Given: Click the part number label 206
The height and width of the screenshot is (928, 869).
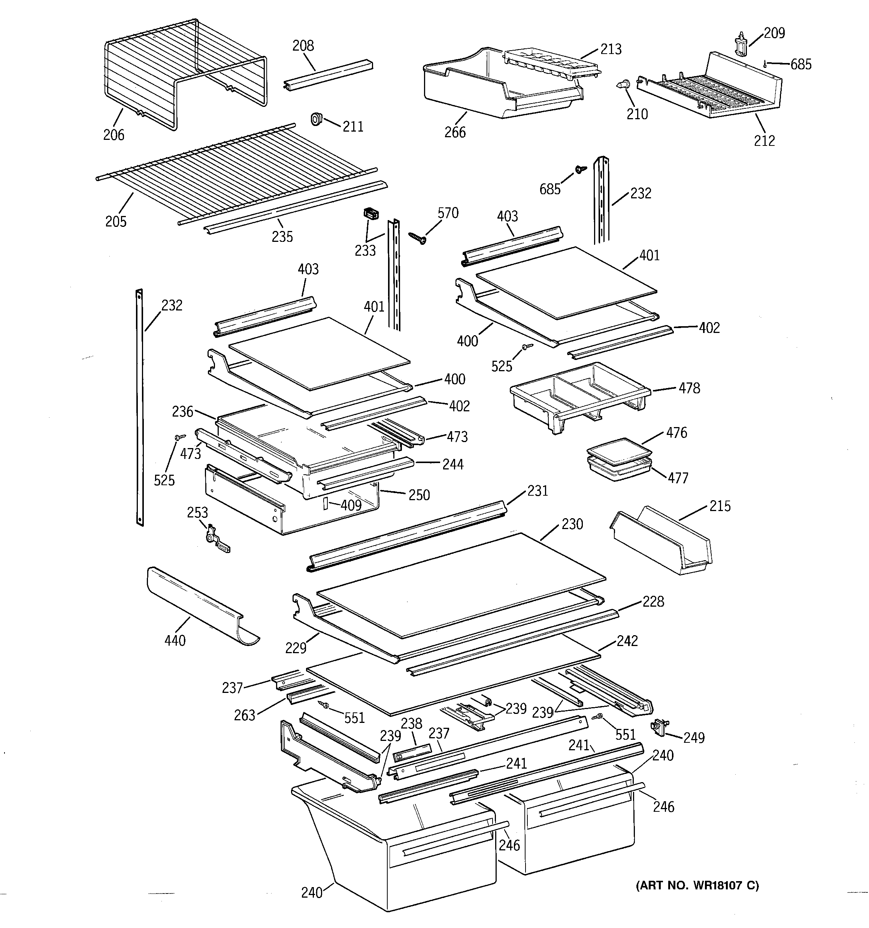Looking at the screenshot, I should point(114,135).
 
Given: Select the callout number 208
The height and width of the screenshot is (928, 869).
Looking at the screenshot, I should point(303,46).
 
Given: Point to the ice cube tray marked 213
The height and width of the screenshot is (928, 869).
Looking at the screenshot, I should point(550,63).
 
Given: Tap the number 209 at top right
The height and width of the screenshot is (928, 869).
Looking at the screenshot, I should point(774,33).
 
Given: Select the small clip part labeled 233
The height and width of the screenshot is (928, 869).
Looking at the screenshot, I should point(370,214).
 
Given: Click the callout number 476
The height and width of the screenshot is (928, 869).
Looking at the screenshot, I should point(676,433).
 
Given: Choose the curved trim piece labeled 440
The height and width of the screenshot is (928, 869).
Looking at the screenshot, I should point(200,606).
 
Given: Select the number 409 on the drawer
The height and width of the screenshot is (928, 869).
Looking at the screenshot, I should point(351,505).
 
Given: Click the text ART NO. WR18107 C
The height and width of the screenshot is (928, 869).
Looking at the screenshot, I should point(697,886).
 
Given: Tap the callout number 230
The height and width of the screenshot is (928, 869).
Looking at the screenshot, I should point(572,524).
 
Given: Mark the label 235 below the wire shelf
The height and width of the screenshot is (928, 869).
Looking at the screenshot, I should point(282,237).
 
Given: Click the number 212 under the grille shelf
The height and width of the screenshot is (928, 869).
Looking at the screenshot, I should point(764,141).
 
